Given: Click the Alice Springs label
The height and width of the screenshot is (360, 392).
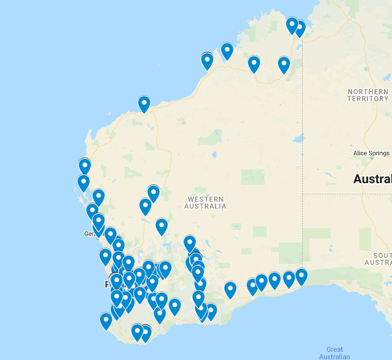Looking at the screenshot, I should pyautogui.click(x=371, y=153).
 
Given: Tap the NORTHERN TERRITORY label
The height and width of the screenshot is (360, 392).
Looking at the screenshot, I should pyautogui.click(x=368, y=95).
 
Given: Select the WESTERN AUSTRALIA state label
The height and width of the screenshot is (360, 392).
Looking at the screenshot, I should pyautogui.click(x=205, y=202).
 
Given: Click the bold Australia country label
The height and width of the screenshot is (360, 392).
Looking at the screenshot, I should pyautogui.click(x=373, y=179).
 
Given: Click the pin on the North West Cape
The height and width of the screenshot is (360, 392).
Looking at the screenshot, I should pyautogui.click(x=144, y=104).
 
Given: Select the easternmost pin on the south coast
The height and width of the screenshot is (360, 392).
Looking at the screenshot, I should pyautogui.click(x=301, y=276).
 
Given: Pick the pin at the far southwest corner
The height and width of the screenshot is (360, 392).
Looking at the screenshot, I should pyautogui.click(x=106, y=321).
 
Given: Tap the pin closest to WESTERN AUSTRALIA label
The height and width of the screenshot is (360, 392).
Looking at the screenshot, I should pyautogui.click(x=190, y=243).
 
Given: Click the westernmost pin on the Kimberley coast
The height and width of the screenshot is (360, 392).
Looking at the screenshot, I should pyautogui.click(x=207, y=61).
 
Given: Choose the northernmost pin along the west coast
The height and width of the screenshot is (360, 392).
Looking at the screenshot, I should pyautogui.click(x=85, y=166).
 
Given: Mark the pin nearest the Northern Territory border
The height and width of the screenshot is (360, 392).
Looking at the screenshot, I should pyautogui.click(x=300, y=29).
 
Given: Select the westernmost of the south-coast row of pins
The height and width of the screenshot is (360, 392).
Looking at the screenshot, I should pyautogui.click(x=230, y=289).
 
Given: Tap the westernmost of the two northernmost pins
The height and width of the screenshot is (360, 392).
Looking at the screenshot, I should pyautogui.click(x=292, y=25).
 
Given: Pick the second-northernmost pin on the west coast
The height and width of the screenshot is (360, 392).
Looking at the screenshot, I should pyautogui.click(x=83, y=183).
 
